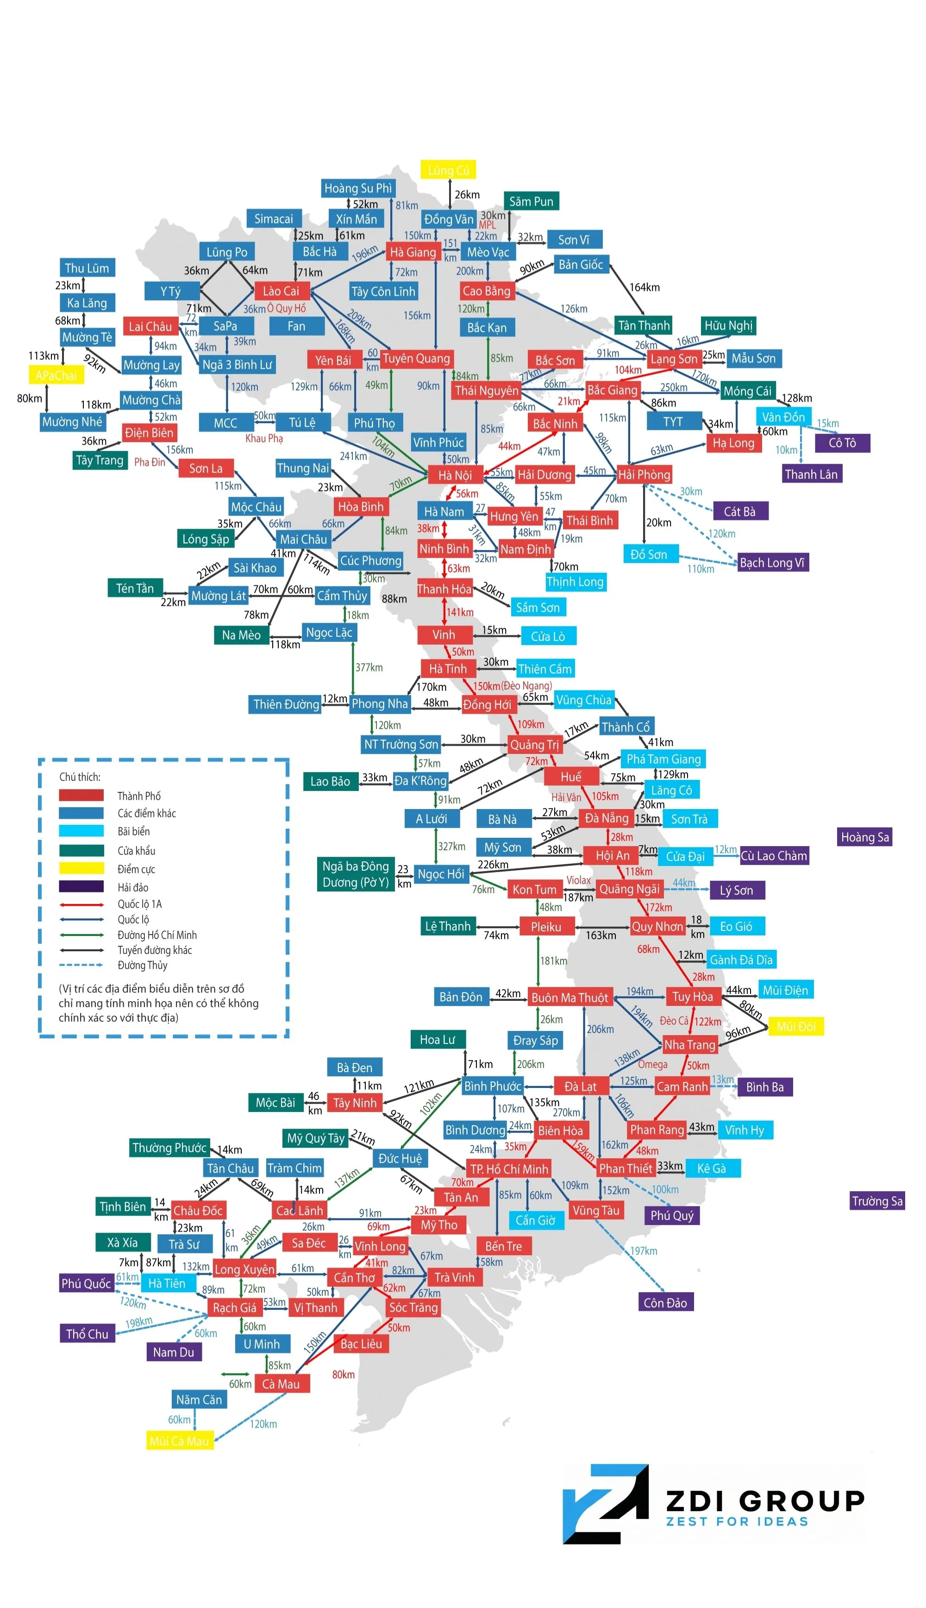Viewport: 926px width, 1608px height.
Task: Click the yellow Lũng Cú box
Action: pyautogui.click(x=448, y=170)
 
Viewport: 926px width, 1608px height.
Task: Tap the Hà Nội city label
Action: pyautogui.click(x=455, y=475)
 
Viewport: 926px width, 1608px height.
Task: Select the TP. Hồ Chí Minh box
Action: pyautogui.click(x=509, y=1169)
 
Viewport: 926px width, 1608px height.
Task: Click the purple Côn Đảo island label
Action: pyautogui.click(x=665, y=1303)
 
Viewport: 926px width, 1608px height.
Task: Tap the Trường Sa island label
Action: pyautogui.click(x=877, y=1201)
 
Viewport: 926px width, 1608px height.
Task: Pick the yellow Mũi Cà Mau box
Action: pyautogui.click(x=179, y=1441)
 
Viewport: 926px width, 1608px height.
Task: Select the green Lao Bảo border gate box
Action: pyautogui.click(x=330, y=781)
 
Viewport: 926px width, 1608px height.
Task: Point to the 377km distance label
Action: pyautogui.click(x=369, y=667)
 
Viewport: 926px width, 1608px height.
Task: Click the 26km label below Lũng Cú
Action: pyautogui.click(x=467, y=195)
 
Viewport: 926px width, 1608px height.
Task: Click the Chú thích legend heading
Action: pyautogui.click(x=80, y=777)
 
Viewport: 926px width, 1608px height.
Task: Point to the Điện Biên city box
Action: pyautogui.click(x=149, y=433)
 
